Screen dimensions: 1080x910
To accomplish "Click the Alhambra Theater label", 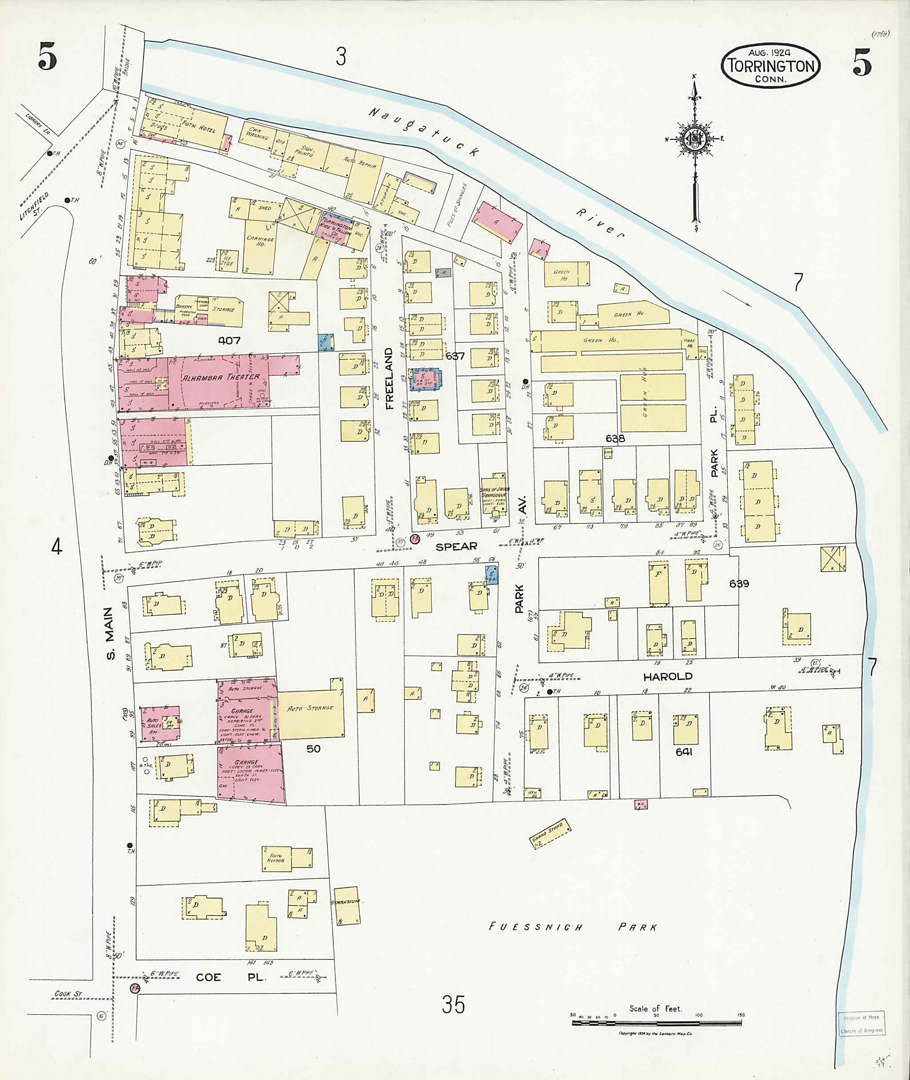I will [220, 377].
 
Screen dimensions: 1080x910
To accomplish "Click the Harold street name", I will [667, 676].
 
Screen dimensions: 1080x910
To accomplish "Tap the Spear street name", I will [456, 546].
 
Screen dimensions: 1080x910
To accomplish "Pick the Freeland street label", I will [389, 378].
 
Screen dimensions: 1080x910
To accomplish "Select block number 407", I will [229, 341].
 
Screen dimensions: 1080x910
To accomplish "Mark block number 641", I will [683, 752].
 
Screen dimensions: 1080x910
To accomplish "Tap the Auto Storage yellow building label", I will [310, 708].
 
